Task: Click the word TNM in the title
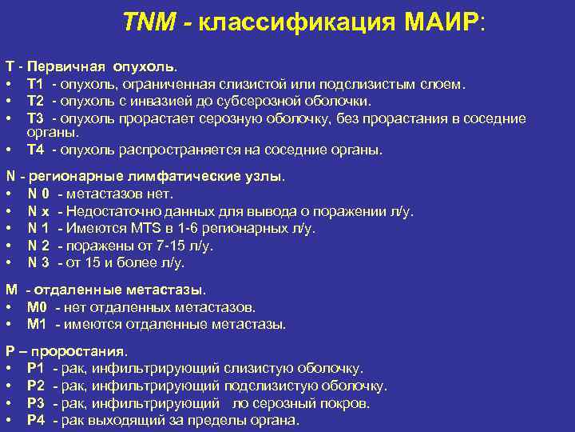[x=149, y=22]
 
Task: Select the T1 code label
[x=35, y=84]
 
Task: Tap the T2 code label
[x=35, y=101]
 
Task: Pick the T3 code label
[x=35, y=118]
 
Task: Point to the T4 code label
[x=35, y=150]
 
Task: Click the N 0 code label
[x=38, y=194]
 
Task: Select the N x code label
[x=38, y=211]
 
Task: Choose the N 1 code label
[x=38, y=228]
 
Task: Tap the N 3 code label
[x=38, y=262]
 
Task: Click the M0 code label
[x=38, y=306]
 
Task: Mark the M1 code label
[x=38, y=324]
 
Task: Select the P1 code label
[x=35, y=368]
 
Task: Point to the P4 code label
[x=35, y=420]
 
